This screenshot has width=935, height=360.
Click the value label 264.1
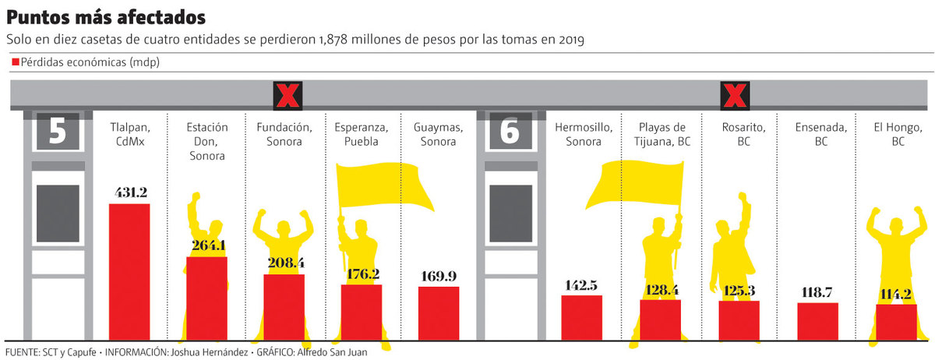click(x=206, y=245)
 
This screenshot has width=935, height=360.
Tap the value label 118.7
click(x=817, y=292)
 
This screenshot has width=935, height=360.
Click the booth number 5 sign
click(x=57, y=131)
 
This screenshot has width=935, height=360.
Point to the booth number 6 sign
click(x=510, y=131)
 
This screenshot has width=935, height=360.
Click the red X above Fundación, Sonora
click(x=288, y=96)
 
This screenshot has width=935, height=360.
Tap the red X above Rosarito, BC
click(x=734, y=96)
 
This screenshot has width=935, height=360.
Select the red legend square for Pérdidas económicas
click(x=15, y=63)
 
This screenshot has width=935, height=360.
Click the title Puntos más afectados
click(x=107, y=16)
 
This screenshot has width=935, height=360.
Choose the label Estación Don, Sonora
click(x=206, y=141)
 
